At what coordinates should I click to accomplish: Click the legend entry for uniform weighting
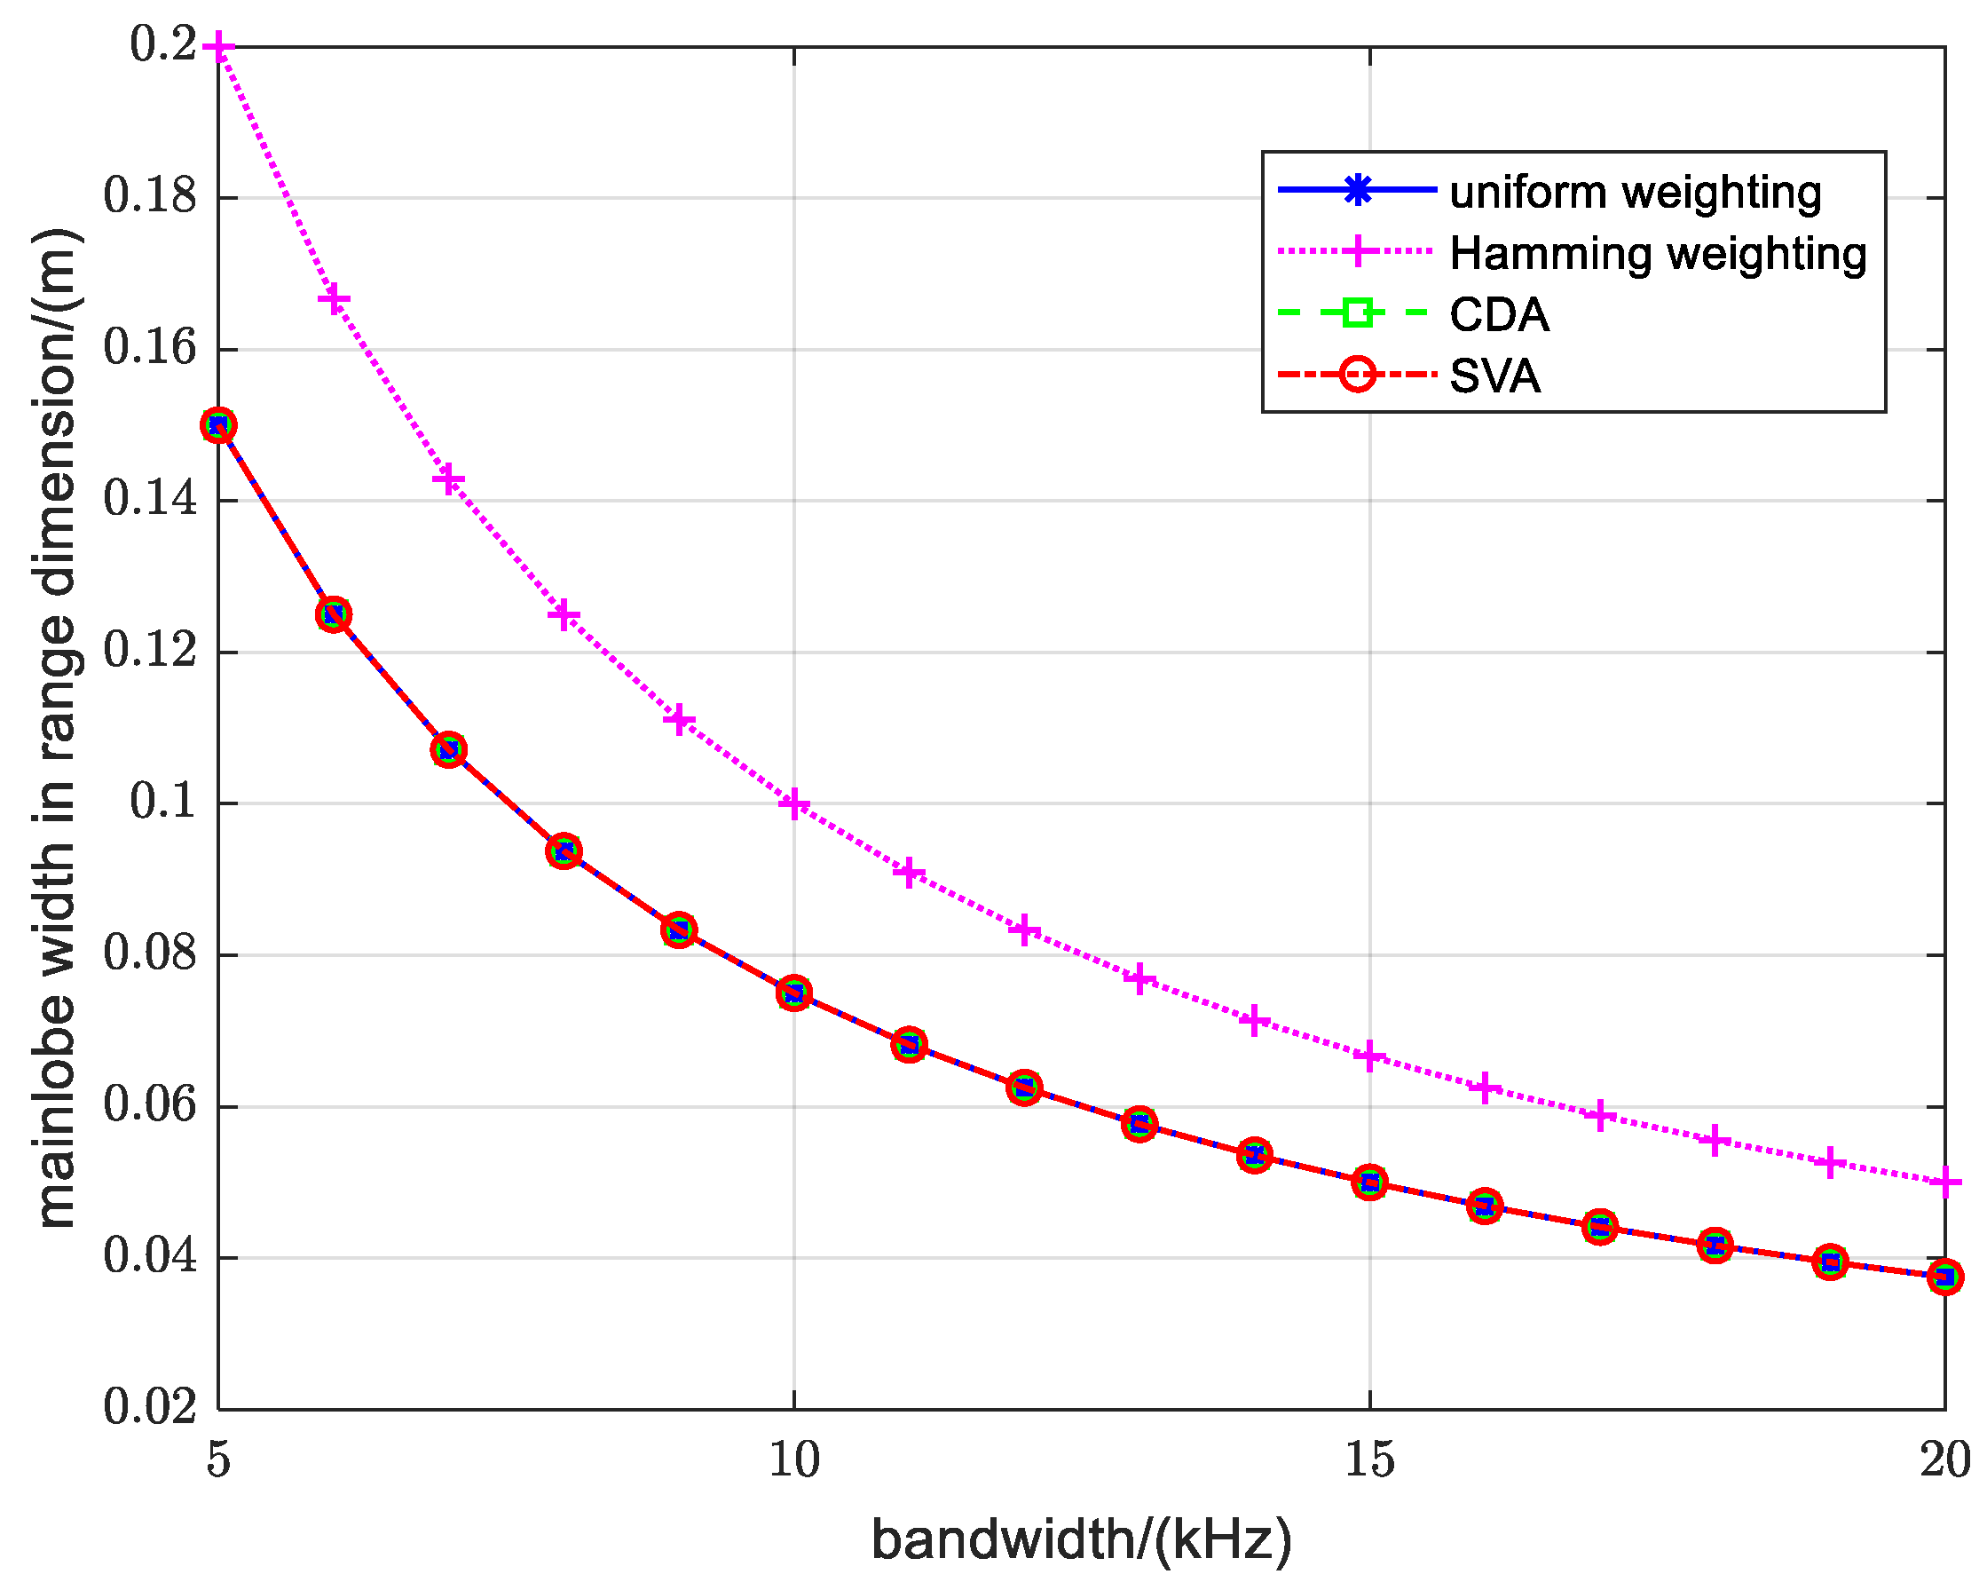click(x=1635, y=193)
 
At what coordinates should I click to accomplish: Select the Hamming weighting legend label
click(x=1657, y=254)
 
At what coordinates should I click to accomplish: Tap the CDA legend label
click(x=1499, y=315)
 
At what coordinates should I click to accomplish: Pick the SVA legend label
click(x=1494, y=376)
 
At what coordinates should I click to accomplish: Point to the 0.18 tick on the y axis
click(x=150, y=196)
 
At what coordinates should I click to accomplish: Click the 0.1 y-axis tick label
click(x=163, y=802)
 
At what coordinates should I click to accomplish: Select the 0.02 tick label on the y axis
click(x=150, y=1408)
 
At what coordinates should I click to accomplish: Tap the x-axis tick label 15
click(x=1369, y=1461)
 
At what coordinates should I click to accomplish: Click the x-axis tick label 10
click(x=793, y=1461)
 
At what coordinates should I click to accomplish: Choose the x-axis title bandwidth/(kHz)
click(x=1081, y=1539)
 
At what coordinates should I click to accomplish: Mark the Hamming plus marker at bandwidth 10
click(x=793, y=803)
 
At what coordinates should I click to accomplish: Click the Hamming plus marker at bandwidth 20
click(x=1944, y=1183)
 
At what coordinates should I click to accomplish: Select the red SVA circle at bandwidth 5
click(x=218, y=426)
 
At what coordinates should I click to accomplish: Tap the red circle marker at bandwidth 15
click(x=1369, y=1183)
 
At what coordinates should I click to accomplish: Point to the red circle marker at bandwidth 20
click(x=1944, y=1278)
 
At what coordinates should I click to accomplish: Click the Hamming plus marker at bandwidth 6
click(x=334, y=299)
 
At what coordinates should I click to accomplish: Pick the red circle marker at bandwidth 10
click(x=793, y=993)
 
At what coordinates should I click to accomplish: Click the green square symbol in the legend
click(x=1358, y=313)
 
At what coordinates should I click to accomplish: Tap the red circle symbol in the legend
click(x=1358, y=375)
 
